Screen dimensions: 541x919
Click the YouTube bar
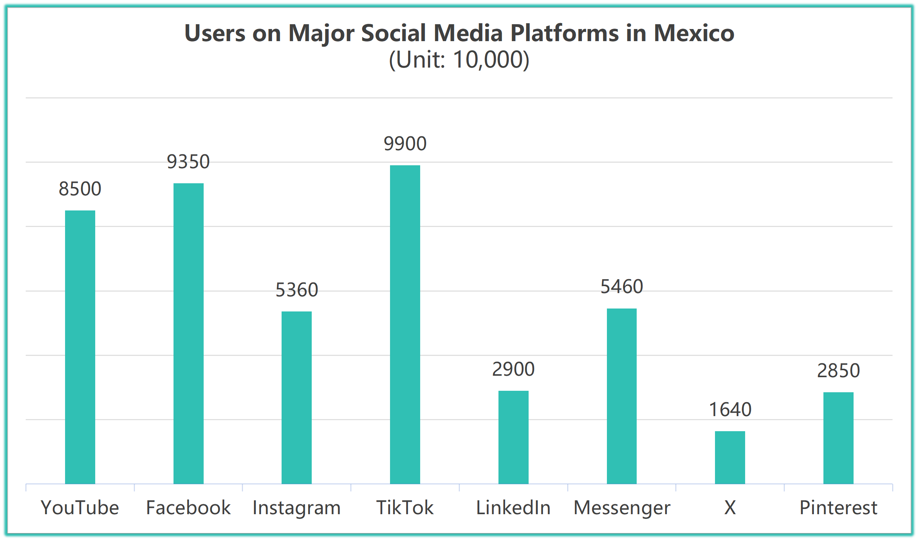(x=80, y=347)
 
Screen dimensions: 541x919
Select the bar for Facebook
(x=189, y=333)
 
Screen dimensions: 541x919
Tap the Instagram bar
(x=297, y=397)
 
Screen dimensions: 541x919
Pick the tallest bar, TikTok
(x=405, y=325)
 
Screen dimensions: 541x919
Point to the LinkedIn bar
(x=513, y=437)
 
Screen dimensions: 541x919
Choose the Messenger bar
(x=622, y=396)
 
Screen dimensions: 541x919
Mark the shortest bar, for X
(x=730, y=457)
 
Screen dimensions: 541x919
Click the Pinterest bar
(x=838, y=438)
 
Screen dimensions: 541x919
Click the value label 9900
(x=405, y=144)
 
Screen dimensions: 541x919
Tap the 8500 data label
(x=80, y=189)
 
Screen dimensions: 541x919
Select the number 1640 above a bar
(x=730, y=410)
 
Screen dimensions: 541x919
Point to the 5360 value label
(x=297, y=290)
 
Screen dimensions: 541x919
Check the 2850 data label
(x=838, y=371)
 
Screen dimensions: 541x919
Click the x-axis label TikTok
(x=405, y=508)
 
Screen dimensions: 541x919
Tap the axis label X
(x=730, y=508)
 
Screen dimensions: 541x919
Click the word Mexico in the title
(x=694, y=33)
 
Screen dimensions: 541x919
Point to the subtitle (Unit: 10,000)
(x=459, y=59)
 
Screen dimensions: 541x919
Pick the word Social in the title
(x=393, y=33)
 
